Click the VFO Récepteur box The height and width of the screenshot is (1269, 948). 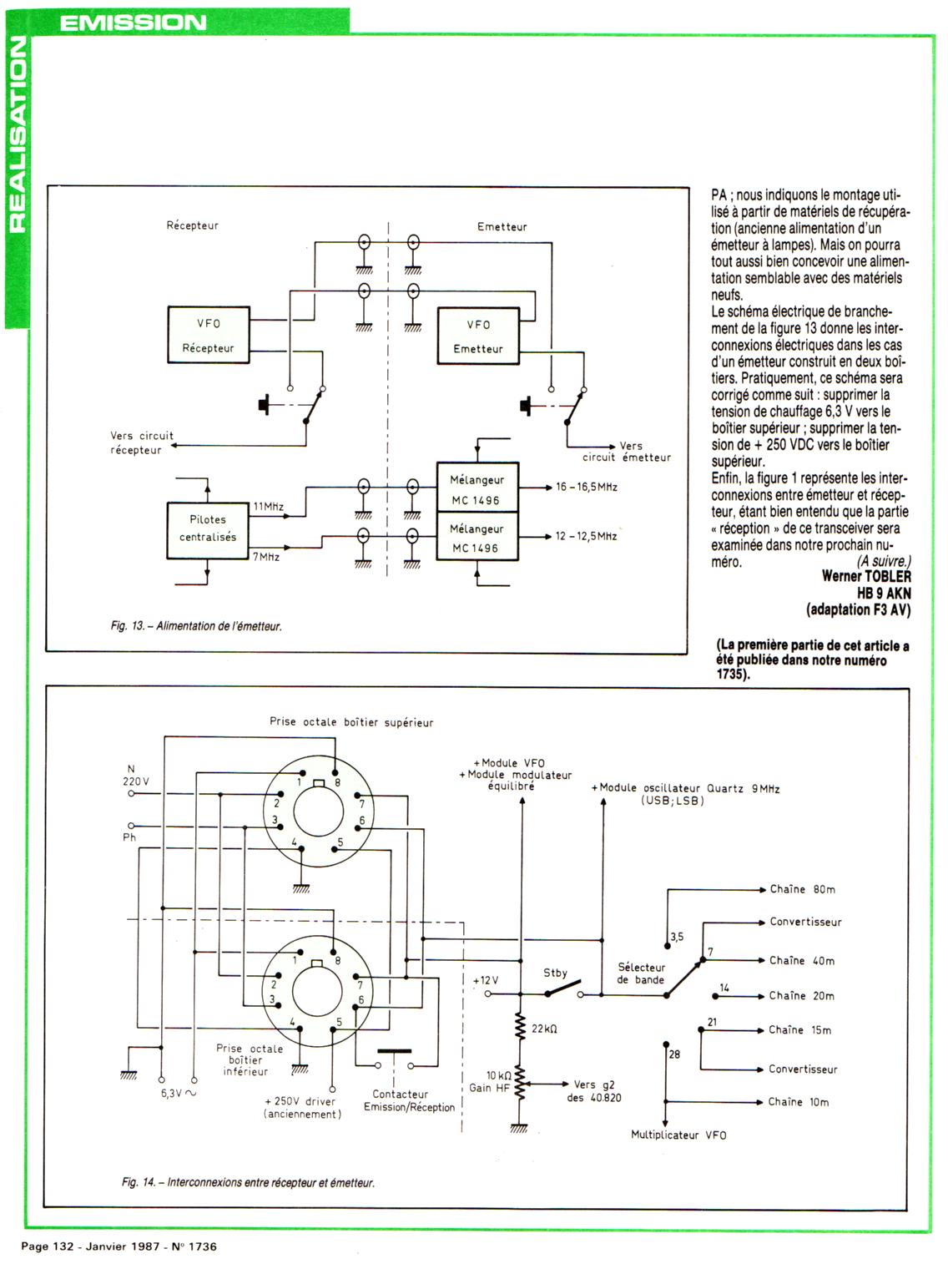209,335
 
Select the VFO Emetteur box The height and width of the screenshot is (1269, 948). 477,336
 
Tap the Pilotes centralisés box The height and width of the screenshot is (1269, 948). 208,528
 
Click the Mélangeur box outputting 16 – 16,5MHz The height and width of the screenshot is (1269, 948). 477,489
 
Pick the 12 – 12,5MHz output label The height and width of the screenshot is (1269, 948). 586,536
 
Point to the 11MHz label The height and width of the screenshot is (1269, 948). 269,507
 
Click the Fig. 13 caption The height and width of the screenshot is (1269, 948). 196,625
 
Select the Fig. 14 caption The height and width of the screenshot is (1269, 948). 248,1182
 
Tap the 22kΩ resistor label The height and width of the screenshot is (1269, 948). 544,1029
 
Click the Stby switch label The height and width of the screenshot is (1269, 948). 555,973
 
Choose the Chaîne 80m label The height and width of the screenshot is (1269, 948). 802,889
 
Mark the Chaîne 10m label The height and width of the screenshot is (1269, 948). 799,1102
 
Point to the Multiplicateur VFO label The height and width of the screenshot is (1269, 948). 678,1135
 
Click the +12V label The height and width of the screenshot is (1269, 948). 485,980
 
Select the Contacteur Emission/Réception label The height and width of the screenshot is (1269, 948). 409,1100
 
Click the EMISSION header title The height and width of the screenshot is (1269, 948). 133,23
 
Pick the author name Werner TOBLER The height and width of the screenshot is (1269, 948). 866,576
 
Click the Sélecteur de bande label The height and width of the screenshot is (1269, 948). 641,973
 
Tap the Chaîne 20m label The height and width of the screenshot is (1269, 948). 801,996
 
